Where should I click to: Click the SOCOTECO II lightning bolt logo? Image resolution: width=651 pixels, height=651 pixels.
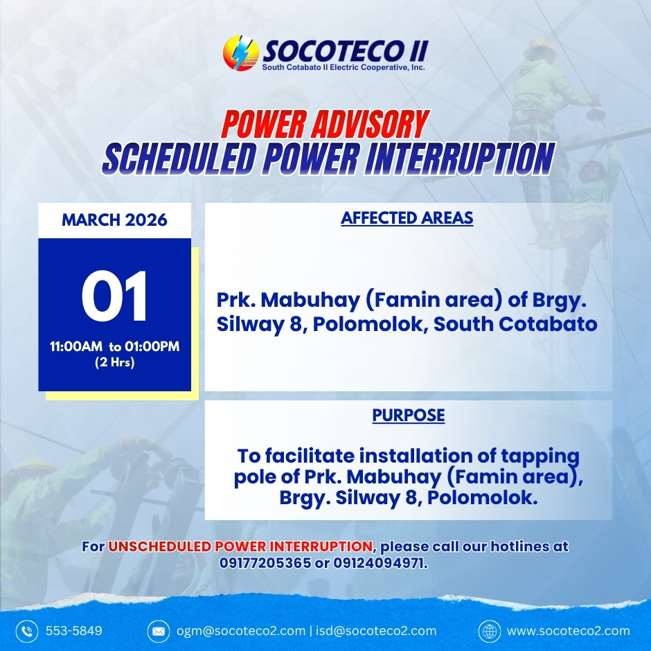coord(241,53)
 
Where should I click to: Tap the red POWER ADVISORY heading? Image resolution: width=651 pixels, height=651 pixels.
coord(325,124)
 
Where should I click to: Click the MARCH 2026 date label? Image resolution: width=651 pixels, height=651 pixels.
coord(114,220)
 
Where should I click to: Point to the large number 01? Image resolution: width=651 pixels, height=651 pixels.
coord(114,296)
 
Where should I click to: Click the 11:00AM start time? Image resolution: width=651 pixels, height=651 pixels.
coord(76,346)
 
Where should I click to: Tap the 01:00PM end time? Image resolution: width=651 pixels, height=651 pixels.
coord(152,346)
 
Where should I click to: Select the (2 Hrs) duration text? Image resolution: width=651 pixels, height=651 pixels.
coord(114,362)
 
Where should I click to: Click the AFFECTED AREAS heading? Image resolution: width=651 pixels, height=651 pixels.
coord(407,218)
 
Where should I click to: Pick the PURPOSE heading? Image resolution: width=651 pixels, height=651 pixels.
coord(409,415)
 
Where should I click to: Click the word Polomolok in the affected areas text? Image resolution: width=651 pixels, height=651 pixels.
coord(370,324)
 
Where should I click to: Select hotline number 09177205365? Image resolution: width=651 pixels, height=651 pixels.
coord(265,563)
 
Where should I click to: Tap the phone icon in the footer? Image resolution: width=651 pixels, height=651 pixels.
coord(27,631)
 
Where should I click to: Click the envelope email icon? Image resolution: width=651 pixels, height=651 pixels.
coord(158,631)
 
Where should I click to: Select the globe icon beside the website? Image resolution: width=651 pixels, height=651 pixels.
coord(490,631)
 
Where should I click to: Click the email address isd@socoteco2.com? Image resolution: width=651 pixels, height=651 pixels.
coord(376,631)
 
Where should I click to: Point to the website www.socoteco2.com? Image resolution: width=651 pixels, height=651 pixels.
coord(569,631)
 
